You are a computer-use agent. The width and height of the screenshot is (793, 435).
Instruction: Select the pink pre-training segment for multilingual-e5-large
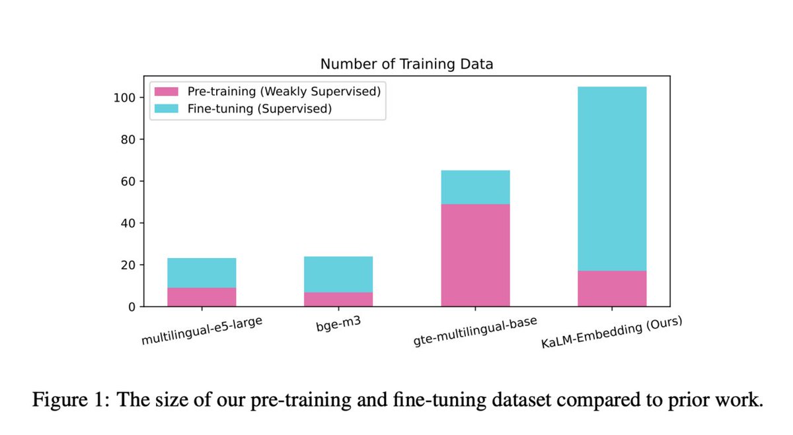pos(202,297)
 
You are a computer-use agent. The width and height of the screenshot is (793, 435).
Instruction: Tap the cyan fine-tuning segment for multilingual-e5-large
pos(202,273)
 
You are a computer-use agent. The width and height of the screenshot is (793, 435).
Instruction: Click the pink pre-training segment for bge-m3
pos(338,299)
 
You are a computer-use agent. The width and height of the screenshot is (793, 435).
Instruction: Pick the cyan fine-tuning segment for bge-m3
pos(338,274)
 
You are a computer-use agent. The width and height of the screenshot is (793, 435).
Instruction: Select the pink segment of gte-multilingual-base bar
pos(475,255)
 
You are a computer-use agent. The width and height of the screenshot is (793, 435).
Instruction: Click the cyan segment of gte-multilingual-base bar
pos(475,187)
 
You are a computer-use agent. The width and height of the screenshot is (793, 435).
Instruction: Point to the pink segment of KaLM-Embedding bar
pos(612,288)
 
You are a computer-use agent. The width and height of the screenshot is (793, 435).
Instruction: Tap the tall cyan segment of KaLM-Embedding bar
pos(612,178)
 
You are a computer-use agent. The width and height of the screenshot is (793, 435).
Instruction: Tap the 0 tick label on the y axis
pos(132,307)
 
